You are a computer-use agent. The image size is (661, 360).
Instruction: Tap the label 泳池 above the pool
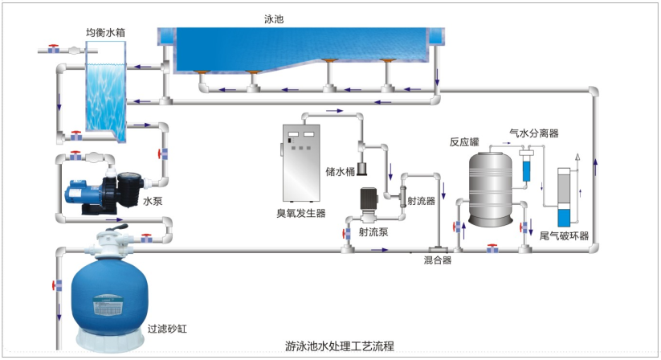[x=273, y=16]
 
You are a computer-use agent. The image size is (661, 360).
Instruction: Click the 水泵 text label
[x=153, y=202]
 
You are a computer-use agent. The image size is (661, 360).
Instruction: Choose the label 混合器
[x=437, y=260]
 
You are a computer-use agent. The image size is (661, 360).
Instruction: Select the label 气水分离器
[x=534, y=133]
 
